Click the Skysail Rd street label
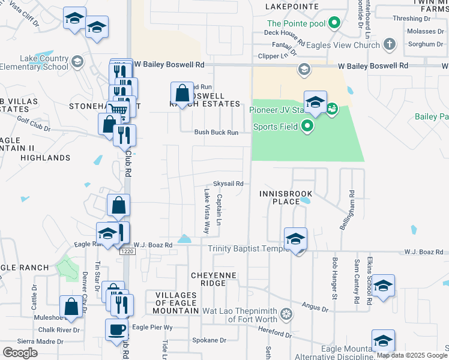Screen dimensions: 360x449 click(x=228, y=184)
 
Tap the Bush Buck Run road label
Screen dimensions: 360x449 click(x=216, y=133)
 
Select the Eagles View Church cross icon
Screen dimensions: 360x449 click(x=390, y=44)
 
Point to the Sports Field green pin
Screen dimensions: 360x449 click(x=307, y=126)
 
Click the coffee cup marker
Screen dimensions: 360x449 click(x=116, y=329)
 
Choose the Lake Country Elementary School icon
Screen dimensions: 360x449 click(x=77, y=61)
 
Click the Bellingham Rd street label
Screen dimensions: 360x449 click(x=350, y=206)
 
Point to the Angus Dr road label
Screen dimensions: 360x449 click(x=315, y=308)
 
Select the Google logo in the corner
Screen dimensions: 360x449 click(x=20, y=352)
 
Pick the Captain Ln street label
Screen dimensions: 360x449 click(x=219, y=209)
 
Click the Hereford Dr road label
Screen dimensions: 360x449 click(x=276, y=335)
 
